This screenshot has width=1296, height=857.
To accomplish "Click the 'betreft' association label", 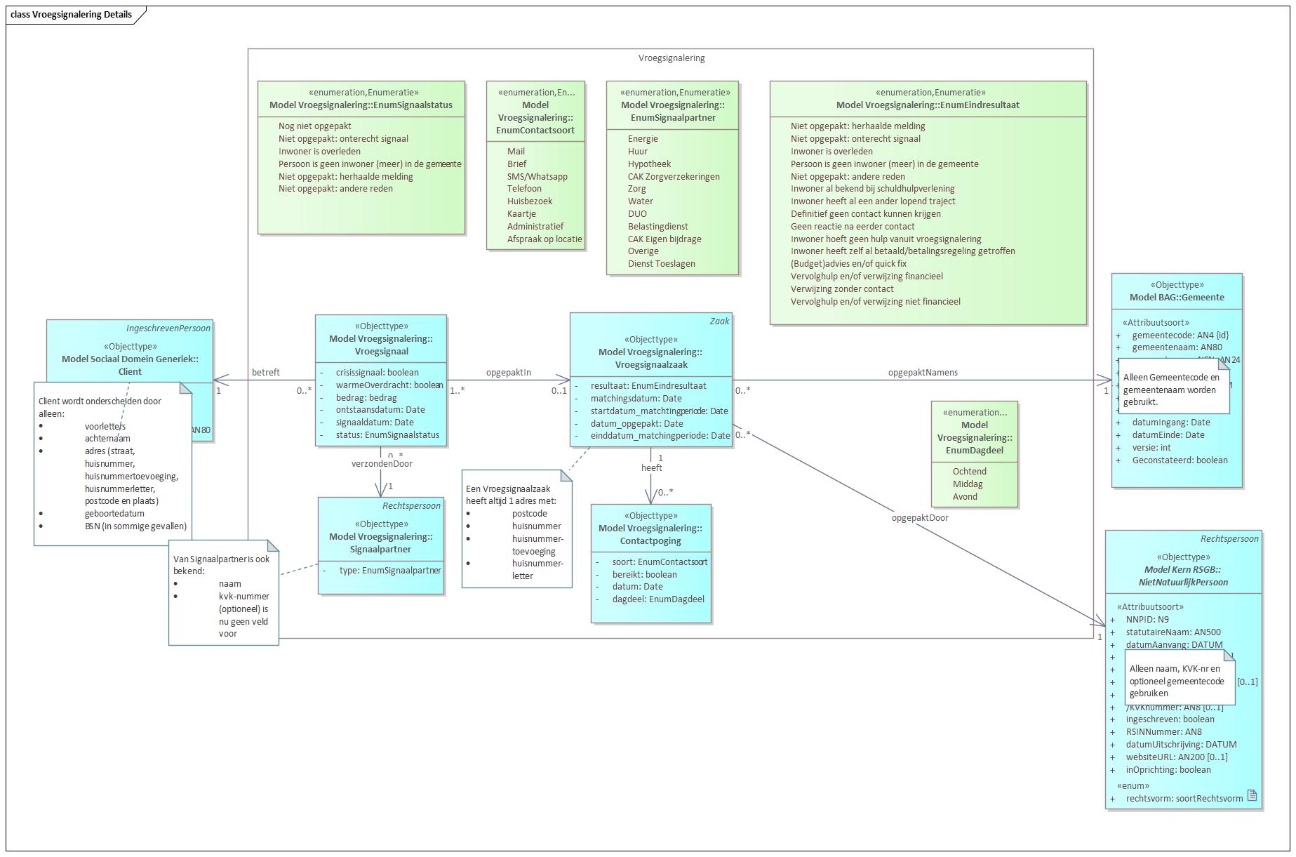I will point(265,373).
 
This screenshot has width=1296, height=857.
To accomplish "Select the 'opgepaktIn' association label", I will point(508,373).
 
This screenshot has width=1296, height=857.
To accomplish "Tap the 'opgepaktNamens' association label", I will point(923,373).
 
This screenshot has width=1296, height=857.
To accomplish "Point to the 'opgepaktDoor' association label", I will point(919,518).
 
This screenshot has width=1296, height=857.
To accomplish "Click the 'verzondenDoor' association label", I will point(382,464).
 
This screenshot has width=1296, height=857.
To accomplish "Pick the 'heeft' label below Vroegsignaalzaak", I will point(651,468).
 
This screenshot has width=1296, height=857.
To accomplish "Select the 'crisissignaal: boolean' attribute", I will point(377,373).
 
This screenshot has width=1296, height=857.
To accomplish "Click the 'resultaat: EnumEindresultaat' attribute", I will point(648,386).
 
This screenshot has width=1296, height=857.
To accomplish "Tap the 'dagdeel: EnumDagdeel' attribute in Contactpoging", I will point(657,599).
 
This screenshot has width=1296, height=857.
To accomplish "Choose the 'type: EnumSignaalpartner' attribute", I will point(389,571).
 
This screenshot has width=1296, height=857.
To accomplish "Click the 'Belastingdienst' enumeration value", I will point(657,227).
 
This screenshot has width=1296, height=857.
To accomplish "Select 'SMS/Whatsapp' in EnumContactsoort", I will point(537,177).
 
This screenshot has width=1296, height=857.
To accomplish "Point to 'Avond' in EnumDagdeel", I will point(965,497).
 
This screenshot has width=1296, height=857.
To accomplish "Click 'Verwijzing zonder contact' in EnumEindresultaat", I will point(842,289).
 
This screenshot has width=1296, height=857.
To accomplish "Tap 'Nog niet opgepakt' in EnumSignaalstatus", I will point(314,126).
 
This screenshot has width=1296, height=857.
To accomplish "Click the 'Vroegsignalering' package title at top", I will point(671,58).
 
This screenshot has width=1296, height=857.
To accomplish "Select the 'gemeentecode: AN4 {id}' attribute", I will point(1180,336).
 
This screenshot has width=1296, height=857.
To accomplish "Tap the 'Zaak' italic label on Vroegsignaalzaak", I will point(719,321).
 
